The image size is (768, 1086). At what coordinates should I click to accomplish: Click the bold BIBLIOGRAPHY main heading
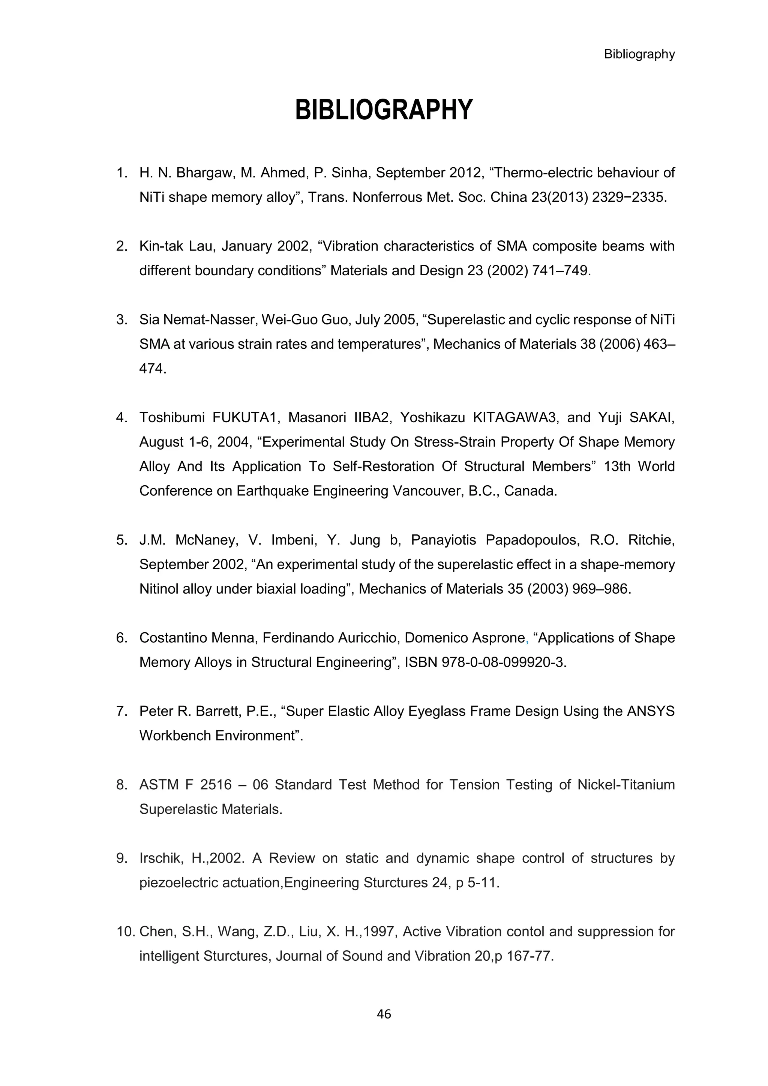click(x=384, y=110)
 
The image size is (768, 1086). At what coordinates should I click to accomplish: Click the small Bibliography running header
click(x=639, y=54)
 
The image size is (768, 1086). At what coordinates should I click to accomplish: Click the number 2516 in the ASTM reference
click(x=216, y=785)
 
